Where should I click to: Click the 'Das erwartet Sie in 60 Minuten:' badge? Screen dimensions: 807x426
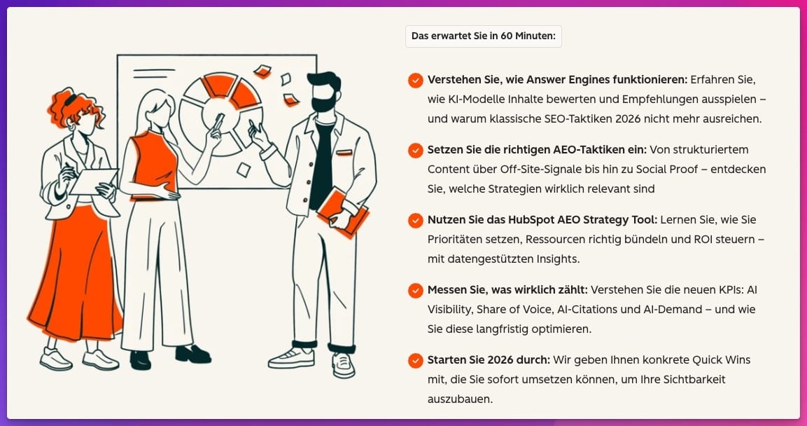point(483,36)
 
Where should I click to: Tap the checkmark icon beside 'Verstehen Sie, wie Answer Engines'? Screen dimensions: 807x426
point(415,81)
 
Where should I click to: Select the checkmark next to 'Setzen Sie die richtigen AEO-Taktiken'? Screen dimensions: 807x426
point(415,151)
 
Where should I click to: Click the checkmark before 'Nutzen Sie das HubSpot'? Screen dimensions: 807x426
point(415,221)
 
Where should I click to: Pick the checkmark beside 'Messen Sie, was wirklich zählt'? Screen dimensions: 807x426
point(415,291)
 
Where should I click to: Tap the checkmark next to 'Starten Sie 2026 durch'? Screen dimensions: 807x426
point(415,361)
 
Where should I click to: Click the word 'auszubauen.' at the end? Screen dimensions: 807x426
point(460,399)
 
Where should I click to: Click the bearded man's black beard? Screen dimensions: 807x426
point(324,102)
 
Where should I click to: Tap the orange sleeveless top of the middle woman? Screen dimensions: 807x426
point(154,165)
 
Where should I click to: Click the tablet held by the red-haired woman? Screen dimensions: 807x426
point(94,181)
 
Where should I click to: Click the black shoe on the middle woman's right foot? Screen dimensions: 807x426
point(140,360)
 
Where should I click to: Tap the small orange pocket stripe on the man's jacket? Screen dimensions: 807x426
point(344,153)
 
